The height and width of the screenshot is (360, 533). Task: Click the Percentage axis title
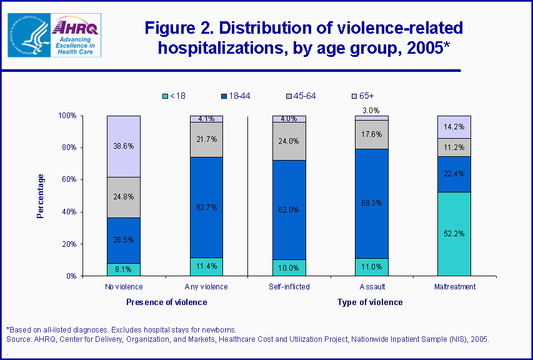point(41,196)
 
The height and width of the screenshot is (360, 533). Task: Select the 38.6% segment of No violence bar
point(124,146)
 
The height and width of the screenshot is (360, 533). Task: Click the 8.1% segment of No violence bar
point(124,269)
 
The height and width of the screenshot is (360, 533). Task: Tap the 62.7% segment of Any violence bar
point(206,207)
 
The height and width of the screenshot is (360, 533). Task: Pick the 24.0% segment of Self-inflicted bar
point(289,141)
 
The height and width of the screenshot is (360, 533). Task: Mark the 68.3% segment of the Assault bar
point(372,203)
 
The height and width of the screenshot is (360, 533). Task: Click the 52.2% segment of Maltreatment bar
point(454,234)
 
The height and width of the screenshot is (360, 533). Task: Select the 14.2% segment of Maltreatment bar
point(454,127)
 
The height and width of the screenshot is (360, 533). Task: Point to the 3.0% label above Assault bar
point(372,110)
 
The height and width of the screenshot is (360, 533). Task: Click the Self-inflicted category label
point(289,287)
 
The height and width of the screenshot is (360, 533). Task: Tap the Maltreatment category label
point(454,287)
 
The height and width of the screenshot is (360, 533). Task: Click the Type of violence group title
point(370,302)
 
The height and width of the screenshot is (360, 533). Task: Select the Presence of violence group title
point(166,302)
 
